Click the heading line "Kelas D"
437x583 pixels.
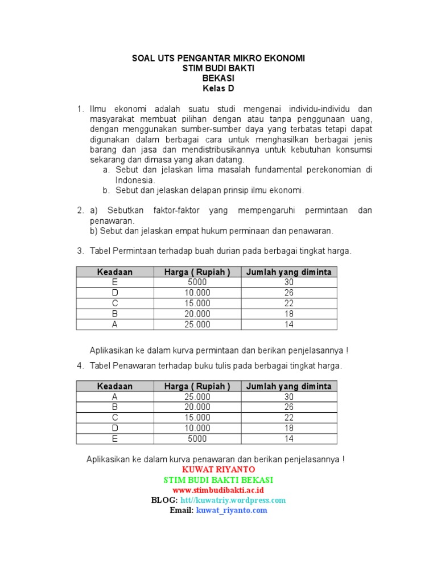(218, 89)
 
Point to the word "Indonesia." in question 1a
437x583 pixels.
(135, 180)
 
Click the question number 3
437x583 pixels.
(80, 251)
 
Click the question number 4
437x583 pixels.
(80, 366)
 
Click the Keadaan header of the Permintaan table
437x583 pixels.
(115, 272)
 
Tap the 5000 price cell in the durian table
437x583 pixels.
(197, 282)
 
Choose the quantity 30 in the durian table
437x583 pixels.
(288, 282)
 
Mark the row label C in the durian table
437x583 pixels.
(115, 303)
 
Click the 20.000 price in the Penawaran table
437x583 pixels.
(197, 407)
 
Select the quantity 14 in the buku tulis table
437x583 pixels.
(288, 439)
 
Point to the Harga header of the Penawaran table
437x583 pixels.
(197, 387)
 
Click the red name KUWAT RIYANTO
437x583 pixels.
(218, 470)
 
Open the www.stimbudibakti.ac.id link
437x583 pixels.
(218, 490)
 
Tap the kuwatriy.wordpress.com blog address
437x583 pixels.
(233, 500)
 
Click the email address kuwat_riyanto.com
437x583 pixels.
(232, 511)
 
